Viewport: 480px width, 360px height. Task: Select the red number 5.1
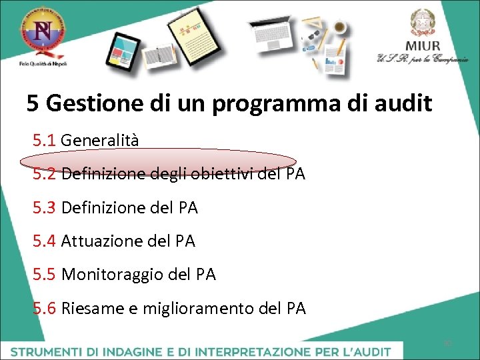tap(45, 141)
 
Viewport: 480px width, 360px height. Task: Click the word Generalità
tap(100, 141)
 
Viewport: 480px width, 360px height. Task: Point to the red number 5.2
tap(45, 175)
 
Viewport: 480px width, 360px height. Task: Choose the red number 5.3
tap(45, 208)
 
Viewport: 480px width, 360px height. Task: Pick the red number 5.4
tap(45, 241)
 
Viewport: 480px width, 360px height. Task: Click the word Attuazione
tap(101, 241)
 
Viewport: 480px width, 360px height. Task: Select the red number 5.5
tap(45, 275)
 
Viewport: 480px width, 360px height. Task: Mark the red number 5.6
tap(45, 309)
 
